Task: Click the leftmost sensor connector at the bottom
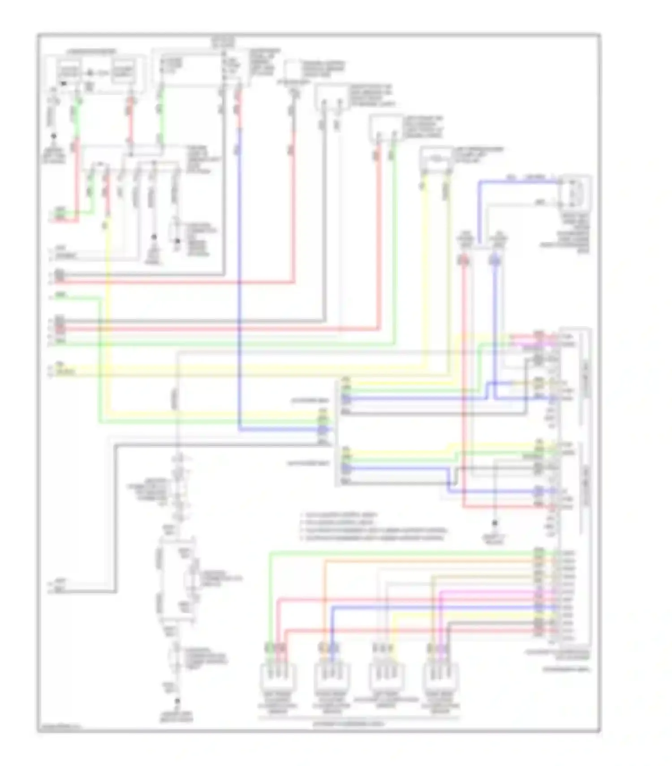[278, 677]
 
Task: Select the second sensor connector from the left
[332, 677]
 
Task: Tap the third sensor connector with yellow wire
[386, 677]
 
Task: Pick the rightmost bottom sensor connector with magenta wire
[440, 677]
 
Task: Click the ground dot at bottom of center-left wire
[177, 701]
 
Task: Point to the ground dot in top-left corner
[54, 136]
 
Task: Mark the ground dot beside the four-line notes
[495, 523]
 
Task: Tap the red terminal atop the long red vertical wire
[464, 260]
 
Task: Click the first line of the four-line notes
[340, 515]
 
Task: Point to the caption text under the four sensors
[358, 723]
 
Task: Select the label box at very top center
[223, 42]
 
